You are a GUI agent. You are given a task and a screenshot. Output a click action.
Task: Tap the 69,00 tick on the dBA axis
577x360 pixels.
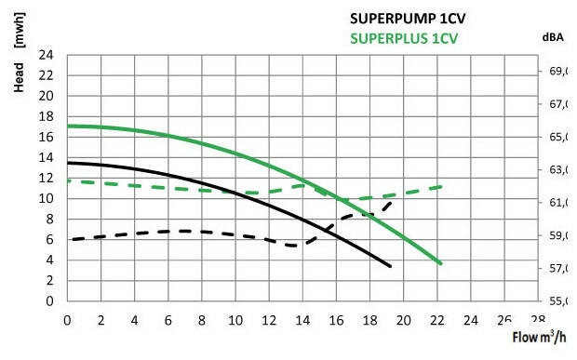[556, 72]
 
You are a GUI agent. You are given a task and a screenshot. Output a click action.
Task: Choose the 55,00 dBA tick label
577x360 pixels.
[556, 301]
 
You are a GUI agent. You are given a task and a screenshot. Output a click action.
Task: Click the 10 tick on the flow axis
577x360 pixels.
[235, 320]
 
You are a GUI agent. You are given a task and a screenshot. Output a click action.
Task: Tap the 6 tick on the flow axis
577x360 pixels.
[168, 320]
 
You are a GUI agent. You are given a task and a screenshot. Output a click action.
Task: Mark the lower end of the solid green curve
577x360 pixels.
[440, 263]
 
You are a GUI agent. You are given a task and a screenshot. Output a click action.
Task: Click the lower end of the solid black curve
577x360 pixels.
[389, 266]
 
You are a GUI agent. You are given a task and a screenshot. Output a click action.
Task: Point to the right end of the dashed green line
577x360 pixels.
[440, 187]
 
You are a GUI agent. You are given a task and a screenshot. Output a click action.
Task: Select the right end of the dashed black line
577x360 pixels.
[390, 201]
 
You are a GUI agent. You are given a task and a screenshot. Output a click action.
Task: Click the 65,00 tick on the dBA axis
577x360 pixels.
[556, 138]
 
